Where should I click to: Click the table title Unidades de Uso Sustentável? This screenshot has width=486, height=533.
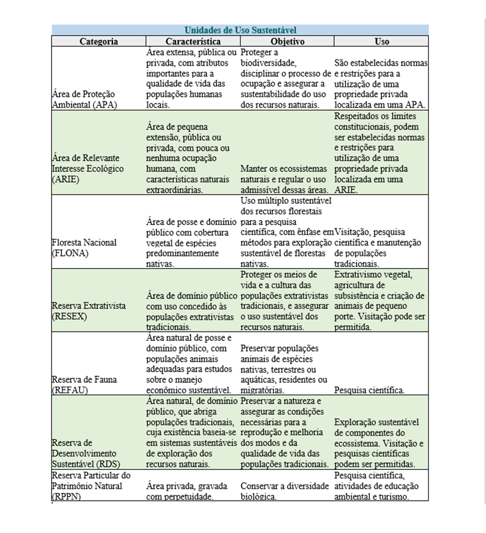point(240,30)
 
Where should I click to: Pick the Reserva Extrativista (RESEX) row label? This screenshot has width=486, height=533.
point(89,311)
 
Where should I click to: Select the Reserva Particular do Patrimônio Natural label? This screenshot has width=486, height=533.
point(91,486)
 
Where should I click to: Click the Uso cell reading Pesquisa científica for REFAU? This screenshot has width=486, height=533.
point(370,390)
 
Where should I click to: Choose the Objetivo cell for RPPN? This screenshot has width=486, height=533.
point(286,491)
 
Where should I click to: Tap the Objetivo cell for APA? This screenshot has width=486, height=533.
point(286,78)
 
